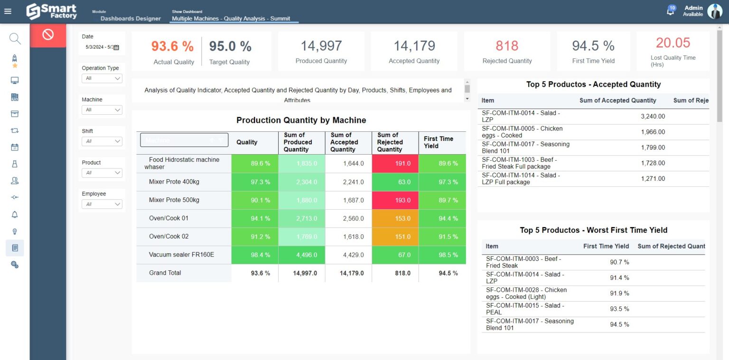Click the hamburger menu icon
(x=8, y=11)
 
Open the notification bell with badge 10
(x=671, y=11)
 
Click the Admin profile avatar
(x=714, y=11)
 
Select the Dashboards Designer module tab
(x=131, y=18)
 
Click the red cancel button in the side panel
(x=47, y=35)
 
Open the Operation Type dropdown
(x=102, y=78)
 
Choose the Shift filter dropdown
(x=102, y=141)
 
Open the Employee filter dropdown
(x=102, y=204)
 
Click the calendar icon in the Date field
(x=116, y=47)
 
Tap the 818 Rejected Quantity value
(x=507, y=46)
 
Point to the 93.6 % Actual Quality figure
(x=173, y=46)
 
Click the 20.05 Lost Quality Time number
(x=673, y=43)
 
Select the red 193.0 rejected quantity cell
(x=395, y=200)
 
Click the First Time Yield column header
(x=438, y=142)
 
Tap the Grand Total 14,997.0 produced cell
(x=301, y=273)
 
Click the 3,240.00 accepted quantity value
(x=653, y=116)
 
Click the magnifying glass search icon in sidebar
(x=15, y=38)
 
